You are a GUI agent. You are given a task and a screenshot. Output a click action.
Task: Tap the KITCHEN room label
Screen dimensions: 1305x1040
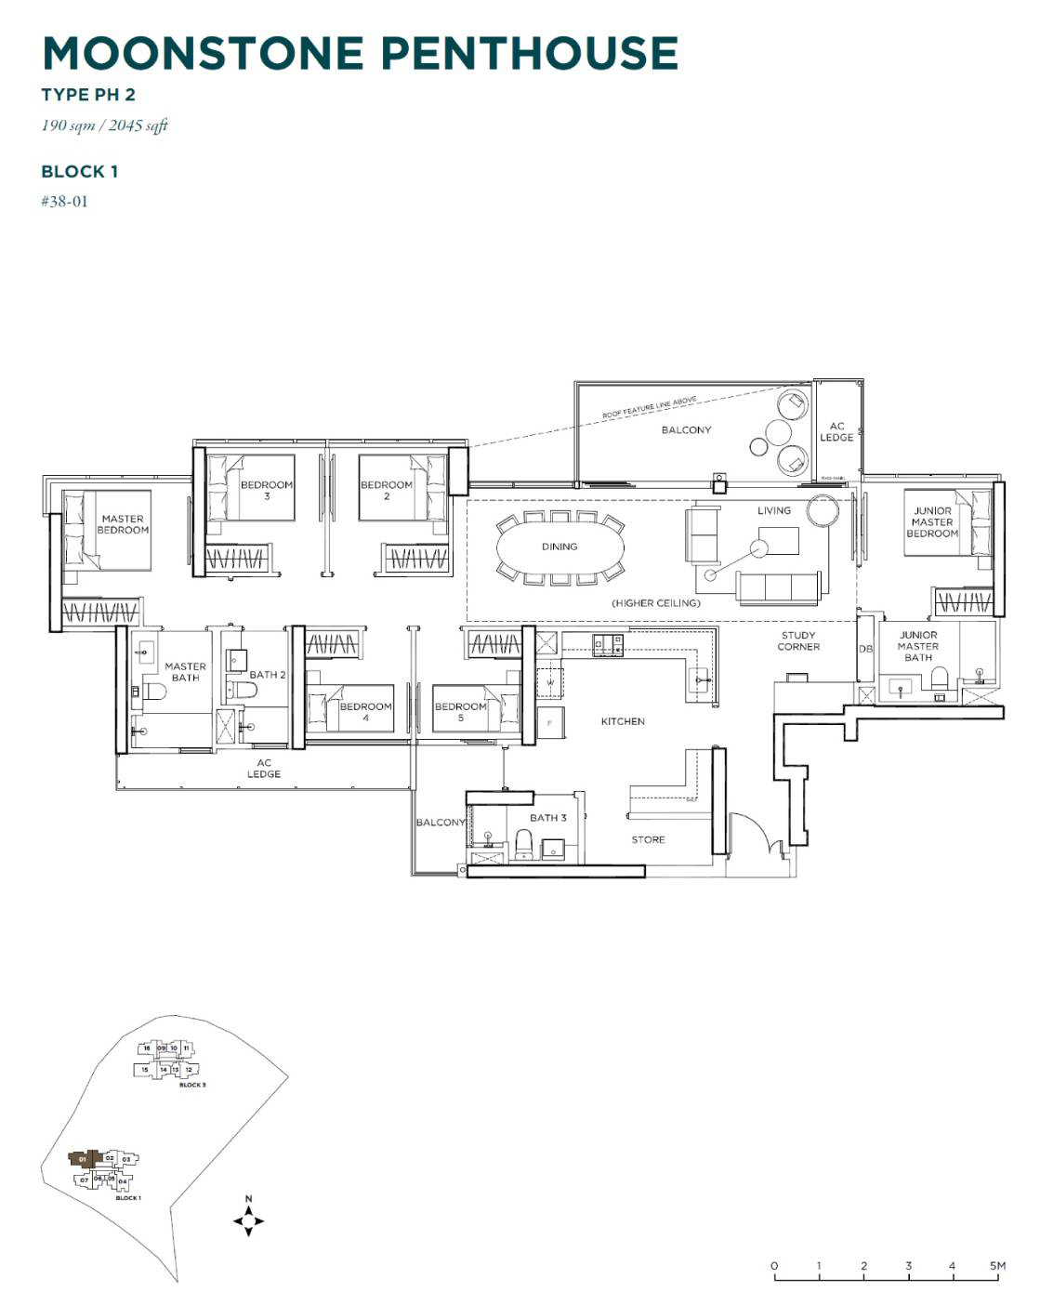point(622,721)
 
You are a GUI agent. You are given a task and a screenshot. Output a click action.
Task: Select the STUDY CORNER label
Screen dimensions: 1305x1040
point(797,641)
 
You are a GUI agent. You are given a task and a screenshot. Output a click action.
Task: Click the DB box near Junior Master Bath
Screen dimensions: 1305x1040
point(865,649)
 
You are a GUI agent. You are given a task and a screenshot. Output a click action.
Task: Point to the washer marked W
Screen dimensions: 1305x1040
point(550,682)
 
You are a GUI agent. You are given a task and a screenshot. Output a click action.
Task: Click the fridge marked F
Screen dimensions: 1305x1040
point(549,723)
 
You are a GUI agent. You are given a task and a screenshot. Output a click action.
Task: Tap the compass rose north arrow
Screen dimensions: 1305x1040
point(248,1220)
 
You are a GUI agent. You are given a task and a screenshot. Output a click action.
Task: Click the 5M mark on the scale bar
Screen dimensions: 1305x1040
point(997,1266)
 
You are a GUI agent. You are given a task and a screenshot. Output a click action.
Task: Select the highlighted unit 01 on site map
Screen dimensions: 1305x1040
point(83,1159)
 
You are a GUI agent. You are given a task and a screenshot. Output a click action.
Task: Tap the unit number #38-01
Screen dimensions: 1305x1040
point(64,201)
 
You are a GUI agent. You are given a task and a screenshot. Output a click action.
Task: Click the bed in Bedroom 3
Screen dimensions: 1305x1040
point(251,487)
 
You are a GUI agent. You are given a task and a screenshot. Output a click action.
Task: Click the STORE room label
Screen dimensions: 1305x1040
point(648,839)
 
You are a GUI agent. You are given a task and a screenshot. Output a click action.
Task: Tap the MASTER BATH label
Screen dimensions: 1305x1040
point(185,672)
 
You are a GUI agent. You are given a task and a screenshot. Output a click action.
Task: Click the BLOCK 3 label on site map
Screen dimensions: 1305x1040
point(192,1085)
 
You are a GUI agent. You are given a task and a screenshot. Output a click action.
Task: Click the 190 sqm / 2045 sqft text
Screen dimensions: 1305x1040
point(104,125)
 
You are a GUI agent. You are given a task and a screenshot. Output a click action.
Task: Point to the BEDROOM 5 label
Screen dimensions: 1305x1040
point(460,712)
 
